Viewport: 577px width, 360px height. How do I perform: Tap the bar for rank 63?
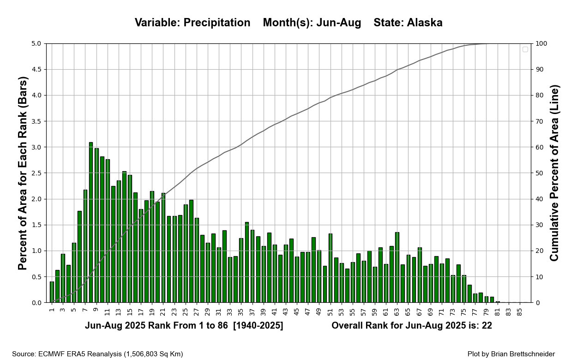(x=397, y=268)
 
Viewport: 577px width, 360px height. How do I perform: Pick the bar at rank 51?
(x=330, y=268)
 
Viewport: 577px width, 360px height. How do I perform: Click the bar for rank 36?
(x=247, y=263)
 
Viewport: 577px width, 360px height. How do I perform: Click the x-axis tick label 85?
(x=519, y=312)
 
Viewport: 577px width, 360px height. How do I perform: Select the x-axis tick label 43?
(x=285, y=312)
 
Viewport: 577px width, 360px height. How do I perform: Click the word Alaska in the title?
(x=425, y=23)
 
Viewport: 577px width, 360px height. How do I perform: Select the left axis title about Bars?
(x=23, y=173)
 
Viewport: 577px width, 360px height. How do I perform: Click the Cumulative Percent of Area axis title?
(x=554, y=173)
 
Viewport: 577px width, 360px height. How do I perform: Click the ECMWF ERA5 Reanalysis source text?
(x=97, y=354)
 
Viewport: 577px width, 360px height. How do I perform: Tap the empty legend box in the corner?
(x=525, y=49)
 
